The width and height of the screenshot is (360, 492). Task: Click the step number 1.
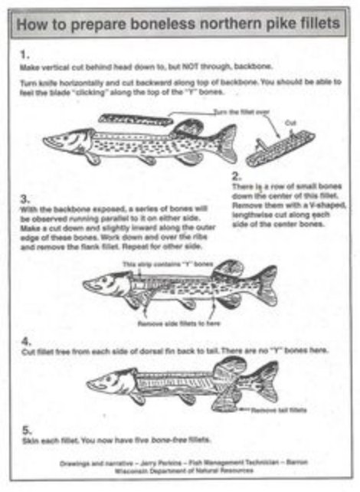point(25,54)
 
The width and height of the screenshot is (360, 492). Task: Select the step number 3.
point(25,198)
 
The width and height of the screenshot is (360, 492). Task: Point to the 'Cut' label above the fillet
point(290,123)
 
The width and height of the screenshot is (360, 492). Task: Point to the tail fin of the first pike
point(225,143)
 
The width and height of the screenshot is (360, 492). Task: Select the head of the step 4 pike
point(107,381)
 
